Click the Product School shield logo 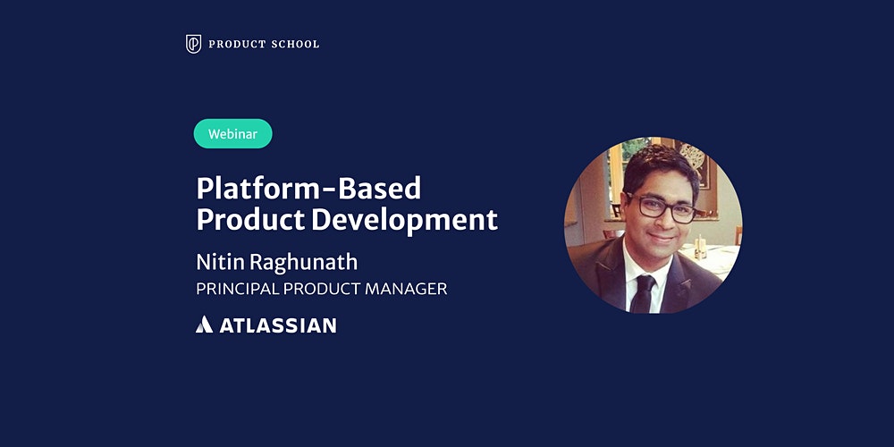click(193, 44)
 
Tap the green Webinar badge click(232, 134)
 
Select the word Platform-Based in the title click(308, 188)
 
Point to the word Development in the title click(405, 220)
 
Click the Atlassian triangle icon click(204, 325)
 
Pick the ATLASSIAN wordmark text click(278, 325)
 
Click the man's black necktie click(643, 292)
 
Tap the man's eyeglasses click(662, 207)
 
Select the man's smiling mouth click(661, 238)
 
